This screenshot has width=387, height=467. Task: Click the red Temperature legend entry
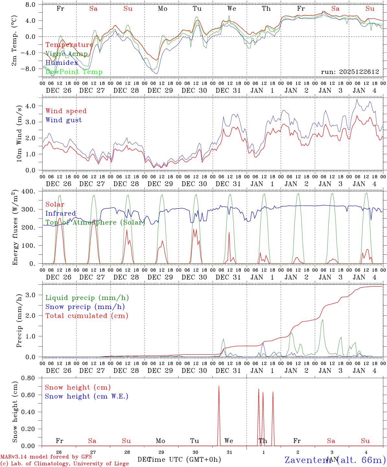pyautogui.click(x=69, y=45)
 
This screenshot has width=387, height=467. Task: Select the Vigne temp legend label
pyautogui.click(x=66, y=54)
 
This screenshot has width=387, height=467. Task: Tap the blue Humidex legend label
pyautogui.click(x=62, y=63)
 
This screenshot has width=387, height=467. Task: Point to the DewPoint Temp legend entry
pyautogui.click(x=74, y=72)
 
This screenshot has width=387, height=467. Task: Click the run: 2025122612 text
pyautogui.click(x=350, y=72)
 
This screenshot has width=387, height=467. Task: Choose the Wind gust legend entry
pyautogui.click(x=64, y=120)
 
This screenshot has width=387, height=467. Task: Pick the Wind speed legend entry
pyautogui.click(x=66, y=111)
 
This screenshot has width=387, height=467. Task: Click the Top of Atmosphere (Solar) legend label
pyautogui.click(x=95, y=222)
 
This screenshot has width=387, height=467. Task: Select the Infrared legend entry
pyautogui.click(x=61, y=213)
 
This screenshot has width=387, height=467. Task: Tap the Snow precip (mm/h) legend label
pyautogui.click(x=85, y=307)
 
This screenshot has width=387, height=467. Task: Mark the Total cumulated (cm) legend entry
pyautogui.click(x=87, y=316)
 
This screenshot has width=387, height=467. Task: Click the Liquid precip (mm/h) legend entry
pyautogui.click(x=87, y=298)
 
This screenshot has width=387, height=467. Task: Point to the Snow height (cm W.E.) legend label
pyautogui.click(x=86, y=396)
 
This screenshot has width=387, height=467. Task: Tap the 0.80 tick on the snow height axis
pyautogui.click(x=28, y=378)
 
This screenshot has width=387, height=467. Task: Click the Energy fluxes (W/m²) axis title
pyautogui.click(x=15, y=228)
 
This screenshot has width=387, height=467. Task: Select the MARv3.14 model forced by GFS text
pyautogui.click(x=46, y=457)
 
